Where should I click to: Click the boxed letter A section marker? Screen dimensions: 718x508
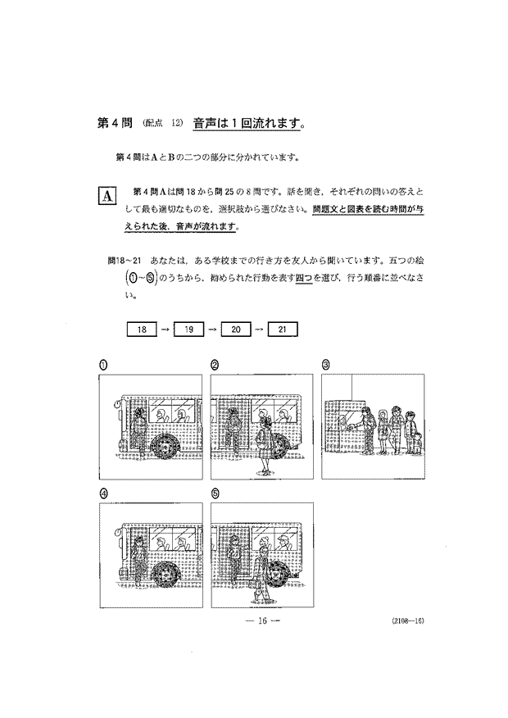(x=107, y=195)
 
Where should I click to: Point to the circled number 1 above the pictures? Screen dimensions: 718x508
(x=103, y=365)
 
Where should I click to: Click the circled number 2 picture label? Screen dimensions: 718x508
(x=215, y=365)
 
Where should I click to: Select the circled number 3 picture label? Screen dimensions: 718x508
(x=325, y=365)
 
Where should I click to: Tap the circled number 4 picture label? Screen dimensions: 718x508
(x=103, y=493)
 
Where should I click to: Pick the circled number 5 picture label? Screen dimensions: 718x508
(x=215, y=493)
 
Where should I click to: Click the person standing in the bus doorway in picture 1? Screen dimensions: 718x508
(x=140, y=429)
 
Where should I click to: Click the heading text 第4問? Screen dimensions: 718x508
(x=114, y=125)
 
